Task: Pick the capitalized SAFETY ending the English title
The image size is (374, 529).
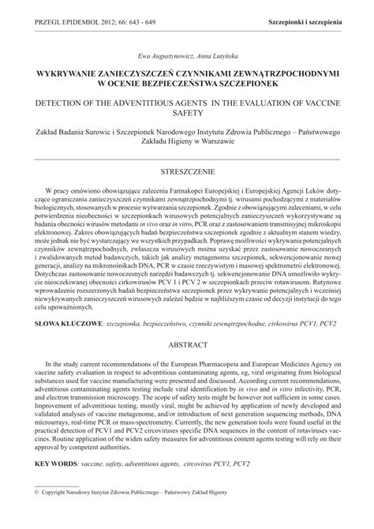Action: pyautogui.click(x=187, y=114)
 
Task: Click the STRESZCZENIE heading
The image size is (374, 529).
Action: pyautogui.click(x=187, y=171)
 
